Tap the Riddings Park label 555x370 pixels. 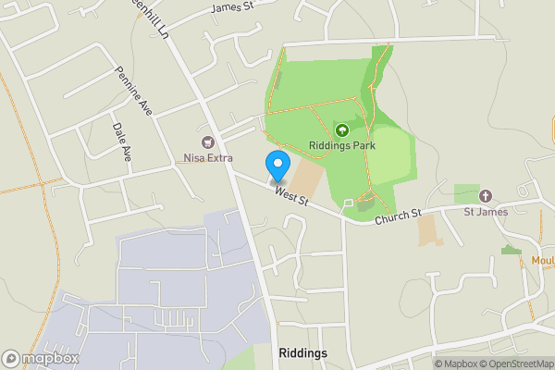tap(342, 146)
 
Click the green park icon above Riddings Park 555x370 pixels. tap(342, 130)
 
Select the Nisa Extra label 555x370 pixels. tap(207, 158)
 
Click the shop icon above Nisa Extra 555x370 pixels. tap(207, 142)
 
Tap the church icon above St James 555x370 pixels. tap(485, 196)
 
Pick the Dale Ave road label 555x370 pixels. tap(120, 143)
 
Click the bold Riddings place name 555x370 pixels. tap(302, 353)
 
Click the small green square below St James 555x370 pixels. tap(509, 250)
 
